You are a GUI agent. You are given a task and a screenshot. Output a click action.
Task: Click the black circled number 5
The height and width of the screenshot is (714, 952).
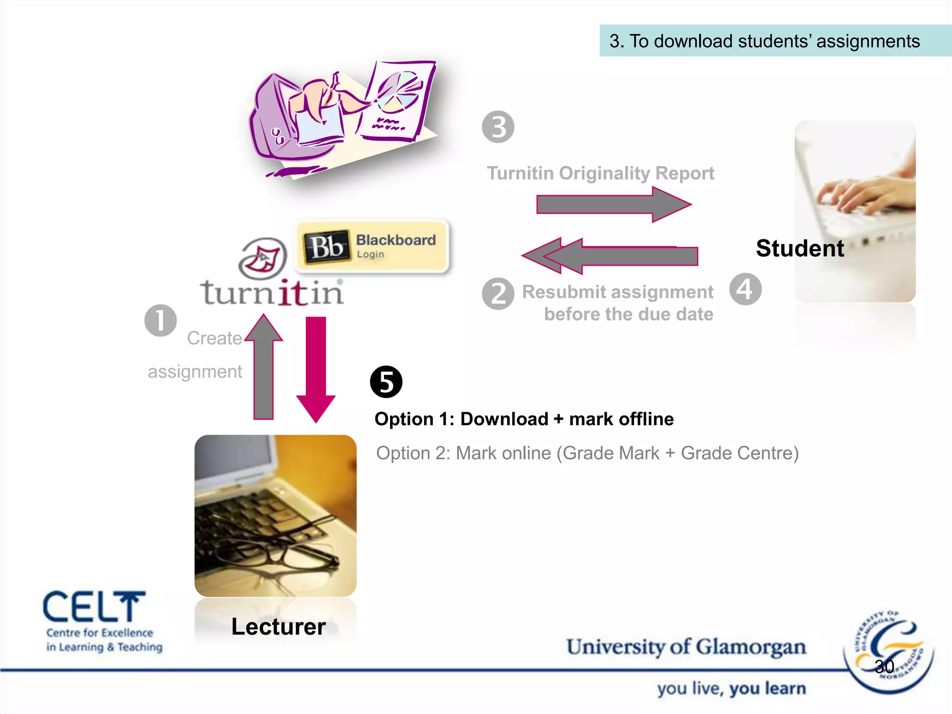pyautogui.click(x=386, y=382)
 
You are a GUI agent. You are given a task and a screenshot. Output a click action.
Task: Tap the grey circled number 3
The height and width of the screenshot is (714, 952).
pyautogui.click(x=498, y=127)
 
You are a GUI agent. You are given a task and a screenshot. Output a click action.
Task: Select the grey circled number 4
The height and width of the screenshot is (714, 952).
pyautogui.click(x=745, y=289)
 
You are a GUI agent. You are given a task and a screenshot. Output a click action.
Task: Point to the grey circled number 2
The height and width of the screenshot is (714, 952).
pyautogui.click(x=498, y=294)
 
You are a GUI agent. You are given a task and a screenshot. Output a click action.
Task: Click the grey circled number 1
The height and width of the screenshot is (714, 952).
pyautogui.click(x=160, y=320)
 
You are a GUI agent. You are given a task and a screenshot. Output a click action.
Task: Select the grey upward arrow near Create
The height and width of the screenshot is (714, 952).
pyautogui.click(x=264, y=367)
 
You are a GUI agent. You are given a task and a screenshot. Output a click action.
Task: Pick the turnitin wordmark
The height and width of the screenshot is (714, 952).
pyautogui.click(x=272, y=293)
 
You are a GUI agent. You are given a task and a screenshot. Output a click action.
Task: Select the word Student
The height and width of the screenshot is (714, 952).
pyautogui.click(x=800, y=248)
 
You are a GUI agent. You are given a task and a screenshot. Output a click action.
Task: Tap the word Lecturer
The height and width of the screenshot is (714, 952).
pyautogui.click(x=278, y=627)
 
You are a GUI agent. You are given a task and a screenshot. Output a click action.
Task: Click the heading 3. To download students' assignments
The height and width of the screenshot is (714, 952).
pyautogui.click(x=765, y=41)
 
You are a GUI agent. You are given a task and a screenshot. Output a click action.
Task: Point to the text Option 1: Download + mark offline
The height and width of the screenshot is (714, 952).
pyautogui.click(x=524, y=419)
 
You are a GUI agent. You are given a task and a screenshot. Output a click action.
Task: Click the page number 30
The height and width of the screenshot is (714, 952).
pyautogui.click(x=884, y=667)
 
